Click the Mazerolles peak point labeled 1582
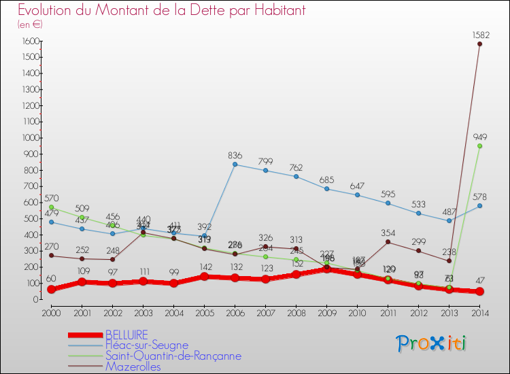pyautogui.click(x=479, y=44)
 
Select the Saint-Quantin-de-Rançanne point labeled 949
pyautogui.click(x=479, y=146)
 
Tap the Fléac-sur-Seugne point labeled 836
pyautogui.click(x=235, y=164)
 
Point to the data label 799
pyautogui.click(x=265, y=161)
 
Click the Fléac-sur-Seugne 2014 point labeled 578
pyautogui.click(x=479, y=205)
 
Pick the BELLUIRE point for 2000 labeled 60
pyautogui.click(x=51, y=289)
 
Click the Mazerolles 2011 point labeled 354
pyautogui.click(x=388, y=241)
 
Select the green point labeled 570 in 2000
pyautogui.click(x=51, y=207)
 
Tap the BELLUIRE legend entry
pyautogui.click(x=127, y=335)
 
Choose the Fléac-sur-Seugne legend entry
pyautogui.click(x=146, y=345)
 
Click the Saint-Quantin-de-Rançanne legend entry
pyautogui.click(x=173, y=356)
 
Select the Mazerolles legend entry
pyautogui.click(x=134, y=367)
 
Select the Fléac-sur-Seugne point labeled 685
pyautogui.click(x=326, y=188)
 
